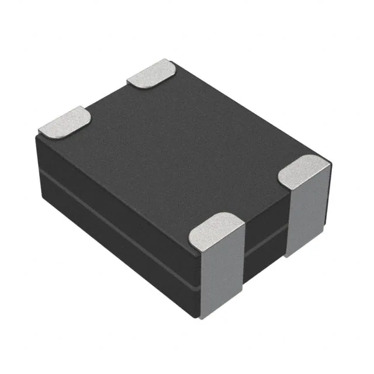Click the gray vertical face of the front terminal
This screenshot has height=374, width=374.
click(x=222, y=275)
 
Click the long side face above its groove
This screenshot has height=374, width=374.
click(x=117, y=187)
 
